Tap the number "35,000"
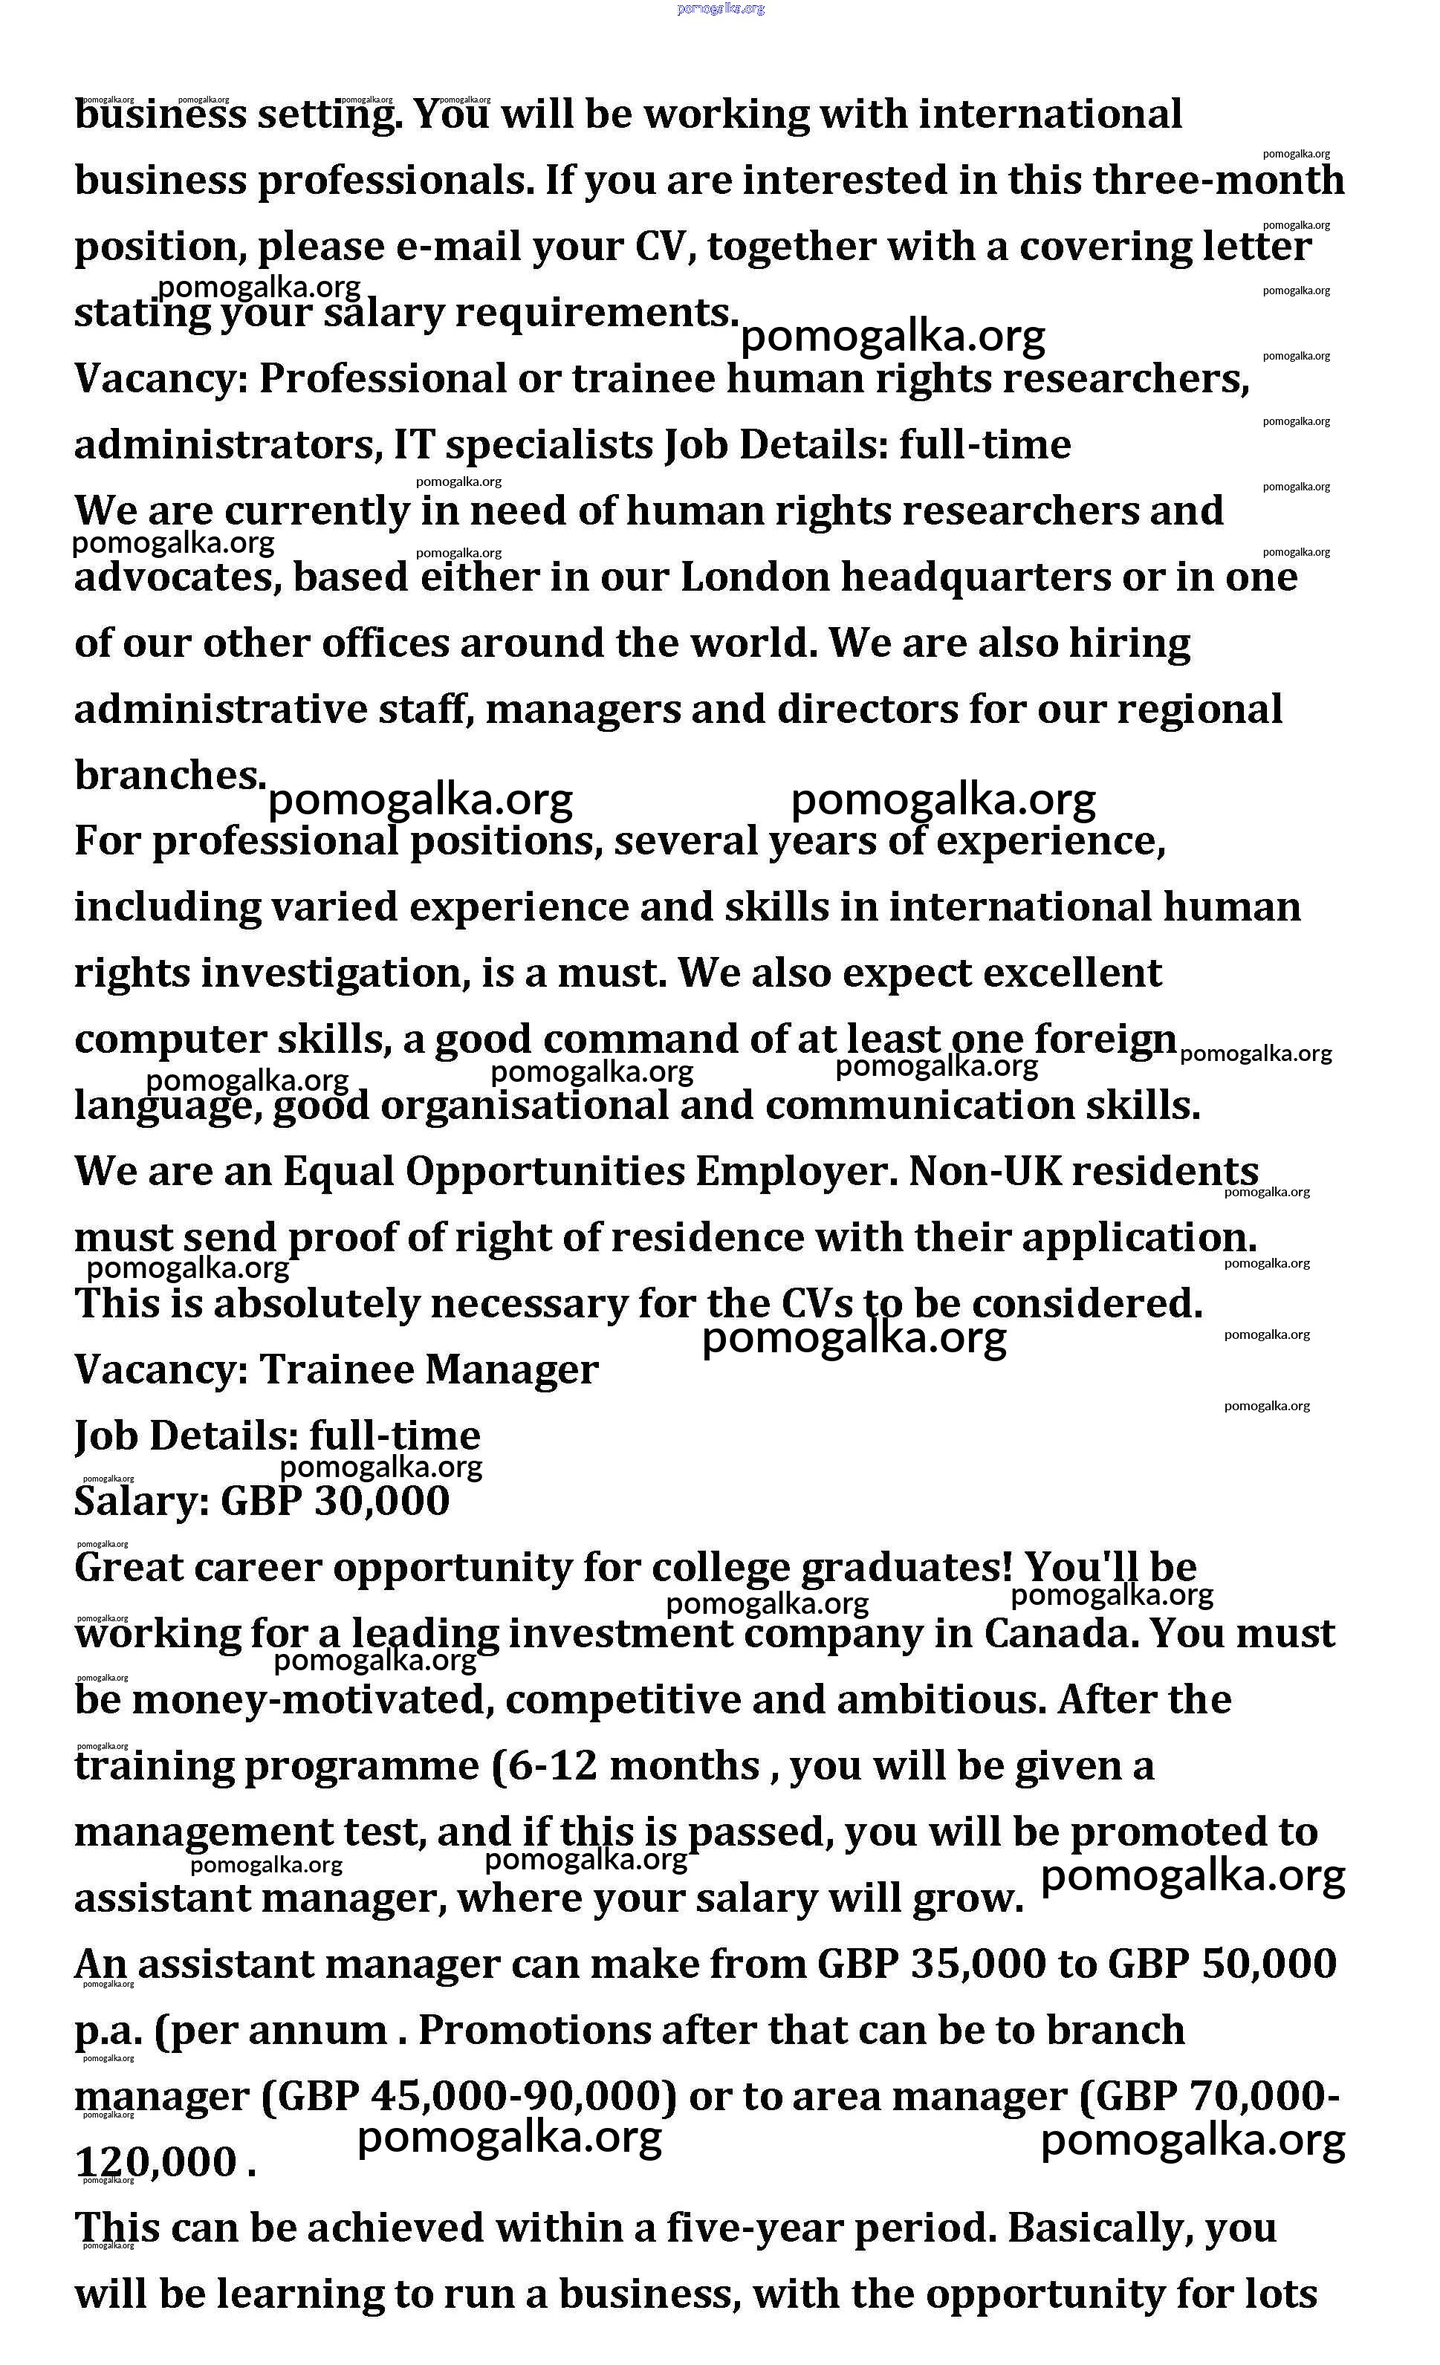click(x=979, y=1964)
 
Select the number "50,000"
click(x=1268, y=1964)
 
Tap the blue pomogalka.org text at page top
click(x=720, y=9)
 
